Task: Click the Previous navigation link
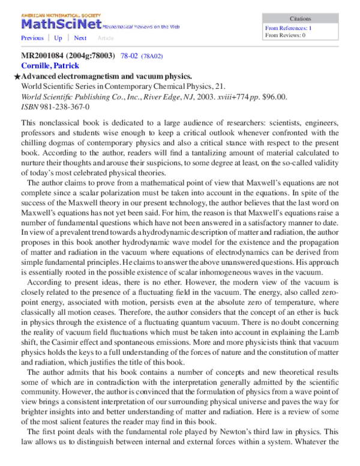[32, 38]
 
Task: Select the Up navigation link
[58, 38]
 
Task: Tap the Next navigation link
[80, 38]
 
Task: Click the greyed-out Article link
[106, 38]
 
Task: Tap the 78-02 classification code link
[130, 56]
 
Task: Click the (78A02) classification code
[152, 56]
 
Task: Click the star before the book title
[17, 77]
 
